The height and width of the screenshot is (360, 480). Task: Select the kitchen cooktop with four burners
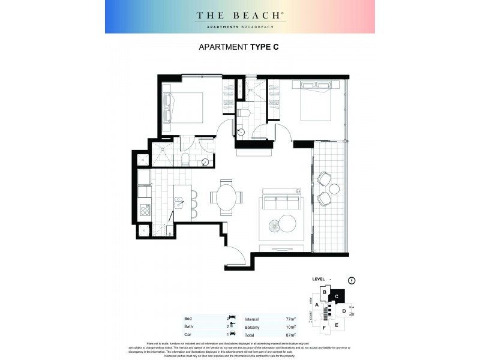point(145,210)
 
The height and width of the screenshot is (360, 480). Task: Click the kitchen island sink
point(178,202)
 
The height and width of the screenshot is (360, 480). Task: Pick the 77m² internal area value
point(291,319)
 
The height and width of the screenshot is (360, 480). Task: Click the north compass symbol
point(352,280)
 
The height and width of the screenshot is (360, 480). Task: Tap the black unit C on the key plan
point(337,295)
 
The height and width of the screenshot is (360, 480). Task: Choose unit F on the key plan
point(324,328)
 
